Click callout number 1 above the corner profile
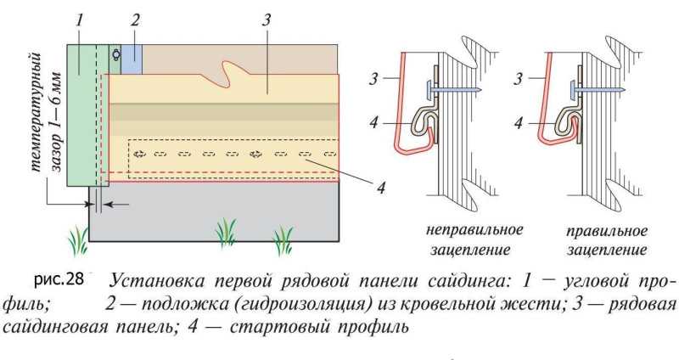[79, 20]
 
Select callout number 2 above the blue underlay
[135, 20]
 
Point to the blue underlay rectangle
[132, 59]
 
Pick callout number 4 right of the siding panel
[380, 188]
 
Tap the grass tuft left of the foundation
[78, 240]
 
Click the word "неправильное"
[474, 229]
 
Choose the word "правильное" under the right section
[607, 230]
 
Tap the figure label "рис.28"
[59, 280]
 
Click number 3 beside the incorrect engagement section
[373, 79]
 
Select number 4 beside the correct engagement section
[519, 123]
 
